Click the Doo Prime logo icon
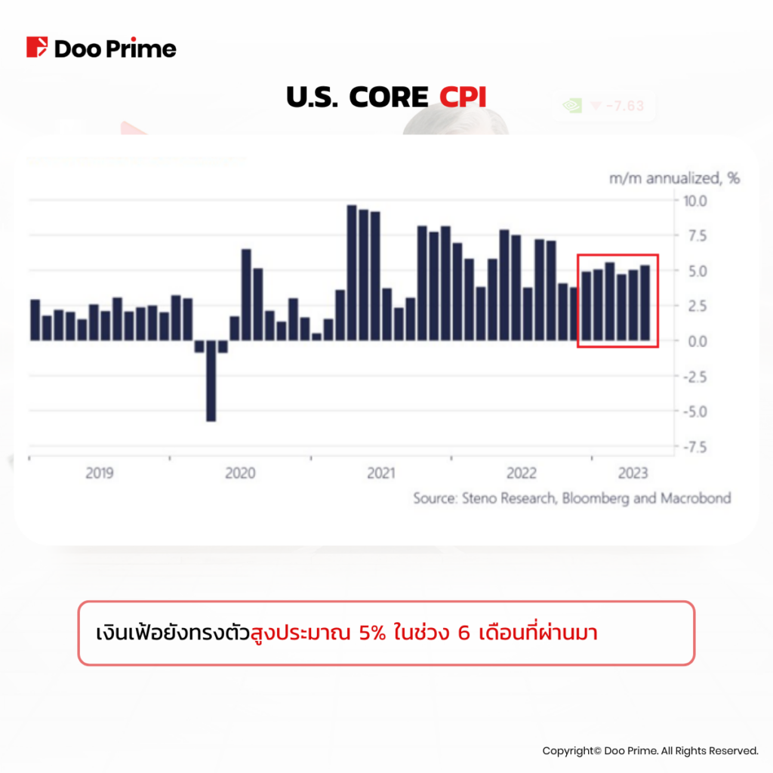pyautogui.click(x=37, y=48)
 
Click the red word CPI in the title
pyautogui.click(x=462, y=97)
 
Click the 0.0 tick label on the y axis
pyautogui.click(x=694, y=340)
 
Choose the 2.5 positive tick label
pyautogui.click(x=694, y=306)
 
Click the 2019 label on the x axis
pyautogui.click(x=100, y=473)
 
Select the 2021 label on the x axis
pyautogui.click(x=381, y=473)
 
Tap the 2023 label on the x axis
pyautogui.click(x=633, y=473)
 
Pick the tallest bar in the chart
pyautogui.click(x=352, y=272)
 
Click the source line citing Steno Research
pyautogui.click(x=571, y=498)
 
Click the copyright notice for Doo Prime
pyautogui.click(x=649, y=750)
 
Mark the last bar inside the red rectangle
pyautogui.click(x=645, y=302)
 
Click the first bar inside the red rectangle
pyautogui.click(x=587, y=305)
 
